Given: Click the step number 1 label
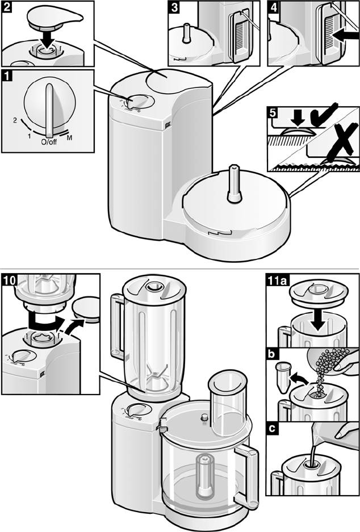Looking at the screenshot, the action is (7, 75).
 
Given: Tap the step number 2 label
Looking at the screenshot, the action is (7, 7).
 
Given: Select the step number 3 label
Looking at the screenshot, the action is (174, 7).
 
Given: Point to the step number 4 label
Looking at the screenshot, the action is (274, 7).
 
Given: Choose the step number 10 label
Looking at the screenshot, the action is (10, 280).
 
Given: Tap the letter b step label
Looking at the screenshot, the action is (272, 354).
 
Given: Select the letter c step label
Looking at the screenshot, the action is (272, 429).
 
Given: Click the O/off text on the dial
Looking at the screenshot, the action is (49, 142).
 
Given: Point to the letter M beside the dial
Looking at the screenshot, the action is (69, 138).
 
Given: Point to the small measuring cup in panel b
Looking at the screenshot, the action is (283, 376).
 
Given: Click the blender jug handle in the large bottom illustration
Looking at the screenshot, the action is (118, 326).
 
